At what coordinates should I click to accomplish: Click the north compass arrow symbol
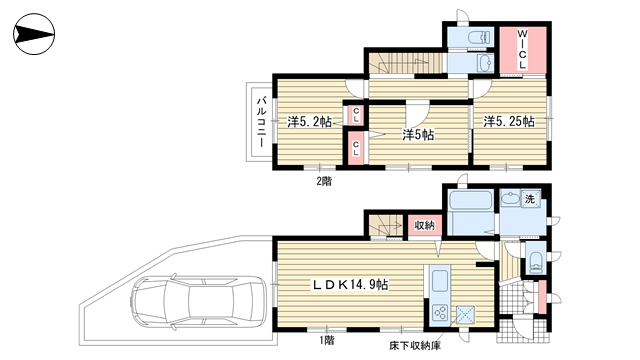[34, 34]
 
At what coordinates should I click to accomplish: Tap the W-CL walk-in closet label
[522, 49]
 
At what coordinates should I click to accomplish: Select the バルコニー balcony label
[262, 122]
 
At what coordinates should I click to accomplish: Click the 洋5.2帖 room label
[309, 122]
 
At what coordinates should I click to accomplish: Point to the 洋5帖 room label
[418, 135]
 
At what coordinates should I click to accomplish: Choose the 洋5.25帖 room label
[509, 121]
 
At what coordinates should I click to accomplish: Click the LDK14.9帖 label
[350, 284]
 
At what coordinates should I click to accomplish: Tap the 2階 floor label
[324, 181]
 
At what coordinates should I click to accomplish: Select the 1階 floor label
[326, 340]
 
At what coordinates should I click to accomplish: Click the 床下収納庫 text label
[415, 346]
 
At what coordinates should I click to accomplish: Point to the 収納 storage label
[424, 225]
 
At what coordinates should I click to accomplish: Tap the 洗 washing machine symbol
[530, 200]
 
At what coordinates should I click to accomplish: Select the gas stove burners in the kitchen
[440, 314]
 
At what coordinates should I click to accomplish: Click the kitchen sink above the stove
[440, 282]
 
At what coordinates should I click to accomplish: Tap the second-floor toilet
[479, 38]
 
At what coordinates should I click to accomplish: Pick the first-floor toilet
[535, 262]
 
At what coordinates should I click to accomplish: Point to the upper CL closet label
[356, 115]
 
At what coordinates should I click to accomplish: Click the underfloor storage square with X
[465, 315]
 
